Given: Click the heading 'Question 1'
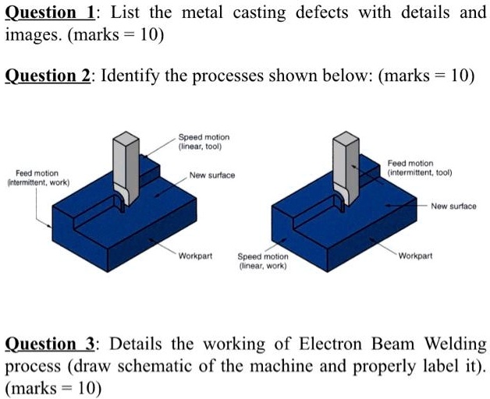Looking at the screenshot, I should click(48, 13).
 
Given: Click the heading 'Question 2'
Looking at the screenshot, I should click(48, 77).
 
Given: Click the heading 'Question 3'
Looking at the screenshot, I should click(48, 344).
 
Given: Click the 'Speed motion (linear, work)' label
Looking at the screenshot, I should click(262, 260).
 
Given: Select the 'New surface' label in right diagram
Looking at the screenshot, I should click(454, 206).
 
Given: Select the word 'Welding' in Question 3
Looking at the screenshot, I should click(453, 344).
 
